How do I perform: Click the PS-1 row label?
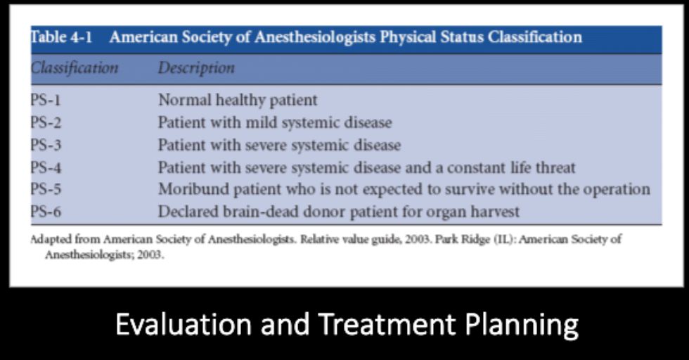46,100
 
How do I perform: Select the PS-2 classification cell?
46,122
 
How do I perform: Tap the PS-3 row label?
46,146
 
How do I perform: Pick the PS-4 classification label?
46,168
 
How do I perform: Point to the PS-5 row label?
46,190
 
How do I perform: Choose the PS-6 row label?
46,212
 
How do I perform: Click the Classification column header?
74,68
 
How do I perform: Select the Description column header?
196,68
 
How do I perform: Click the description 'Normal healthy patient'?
238,100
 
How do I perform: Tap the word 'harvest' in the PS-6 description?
492,212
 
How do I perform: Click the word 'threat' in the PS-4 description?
554,168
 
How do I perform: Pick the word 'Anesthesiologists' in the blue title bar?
314,37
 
